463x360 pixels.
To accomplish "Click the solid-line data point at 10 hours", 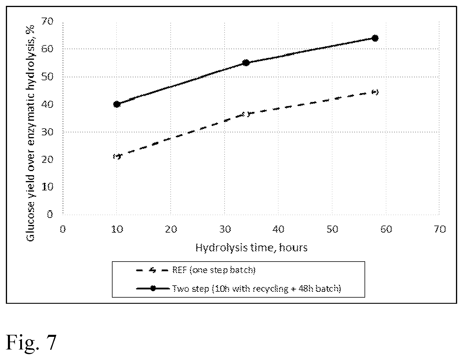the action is pos(117,104).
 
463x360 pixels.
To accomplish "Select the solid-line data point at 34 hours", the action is pos(246,63).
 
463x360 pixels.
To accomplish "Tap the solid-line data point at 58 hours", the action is pos(375,38).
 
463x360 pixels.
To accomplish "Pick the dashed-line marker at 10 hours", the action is pos(117,156).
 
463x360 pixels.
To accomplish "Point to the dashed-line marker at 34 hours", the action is pos(246,115).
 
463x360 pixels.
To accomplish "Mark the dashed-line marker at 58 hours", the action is pos(375,92).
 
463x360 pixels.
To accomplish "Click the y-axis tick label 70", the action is pos(47,21).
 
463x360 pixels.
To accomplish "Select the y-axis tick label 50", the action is pos(47,77).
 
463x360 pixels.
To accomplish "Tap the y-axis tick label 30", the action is pos(47,132).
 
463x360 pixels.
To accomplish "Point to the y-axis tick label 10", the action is pos(47,187).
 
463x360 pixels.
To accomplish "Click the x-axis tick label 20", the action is pos(171,229).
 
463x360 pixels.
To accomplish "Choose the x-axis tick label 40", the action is pos(278,229).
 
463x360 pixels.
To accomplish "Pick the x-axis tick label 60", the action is pos(386,229).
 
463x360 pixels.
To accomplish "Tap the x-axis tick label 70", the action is pos(440,229).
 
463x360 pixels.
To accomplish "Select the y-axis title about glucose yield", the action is pos(30,133).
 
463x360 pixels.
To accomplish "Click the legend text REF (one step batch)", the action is pos(214,270).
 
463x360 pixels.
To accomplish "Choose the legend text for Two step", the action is pos(256,289).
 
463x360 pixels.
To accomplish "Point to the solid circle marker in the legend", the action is pos(153,289).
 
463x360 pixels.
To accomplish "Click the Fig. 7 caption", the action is pos(31,342).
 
